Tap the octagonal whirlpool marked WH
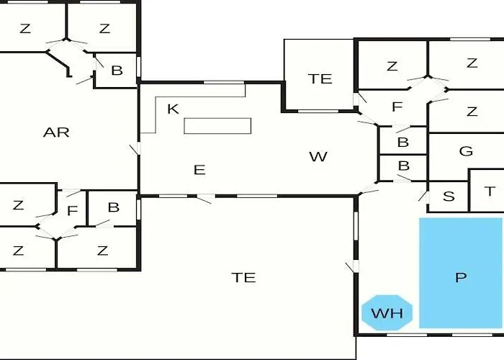pyautogui.click(x=387, y=313)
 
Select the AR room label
pyautogui.click(x=56, y=132)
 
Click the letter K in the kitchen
pyautogui.click(x=172, y=109)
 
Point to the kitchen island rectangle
pyautogui.click(x=217, y=125)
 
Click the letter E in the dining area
pyautogui.click(x=199, y=170)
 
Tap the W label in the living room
pyautogui.click(x=318, y=156)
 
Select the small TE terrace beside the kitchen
pyautogui.click(x=320, y=78)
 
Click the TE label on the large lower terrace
pyautogui.click(x=244, y=277)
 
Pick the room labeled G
pyautogui.click(x=466, y=151)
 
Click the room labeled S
pyautogui.click(x=449, y=197)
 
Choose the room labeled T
pyautogui.click(x=490, y=191)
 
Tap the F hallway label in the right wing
pyautogui.click(x=396, y=108)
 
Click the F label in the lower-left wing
pyautogui.click(x=72, y=212)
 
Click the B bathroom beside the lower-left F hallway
pyautogui.click(x=113, y=207)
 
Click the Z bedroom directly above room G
pyautogui.click(x=472, y=111)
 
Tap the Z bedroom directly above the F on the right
pyautogui.click(x=392, y=67)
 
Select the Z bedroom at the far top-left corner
pyautogui.click(x=26, y=29)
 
